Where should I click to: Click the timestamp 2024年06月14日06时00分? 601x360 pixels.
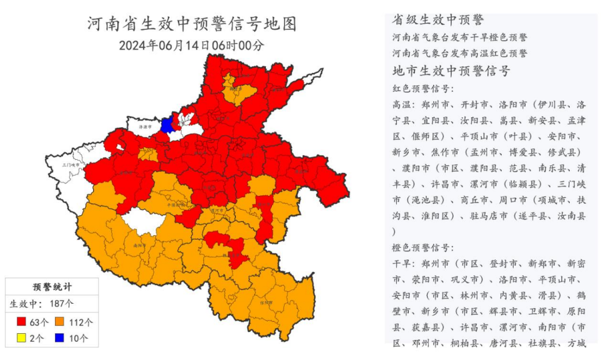tap(192, 46)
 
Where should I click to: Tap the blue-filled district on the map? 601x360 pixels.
tap(167, 124)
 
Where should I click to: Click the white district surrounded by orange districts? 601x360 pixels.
tap(145, 220)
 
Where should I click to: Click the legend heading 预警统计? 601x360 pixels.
tap(52, 287)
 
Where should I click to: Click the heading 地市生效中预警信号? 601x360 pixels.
tap(451, 71)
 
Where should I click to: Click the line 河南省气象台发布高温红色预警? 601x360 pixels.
tap(460, 53)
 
